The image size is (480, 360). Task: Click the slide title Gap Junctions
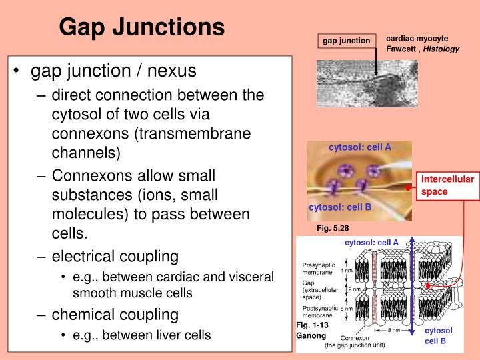click(x=141, y=27)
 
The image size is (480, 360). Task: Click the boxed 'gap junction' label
click(x=346, y=41)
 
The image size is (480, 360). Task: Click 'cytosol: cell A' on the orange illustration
click(x=359, y=147)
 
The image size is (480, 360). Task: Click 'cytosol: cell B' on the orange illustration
click(x=339, y=207)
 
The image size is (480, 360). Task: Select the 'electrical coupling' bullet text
click(x=115, y=256)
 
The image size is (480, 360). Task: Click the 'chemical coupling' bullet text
click(x=115, y=314)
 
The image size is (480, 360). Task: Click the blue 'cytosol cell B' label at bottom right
click(x=438, y=336)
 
